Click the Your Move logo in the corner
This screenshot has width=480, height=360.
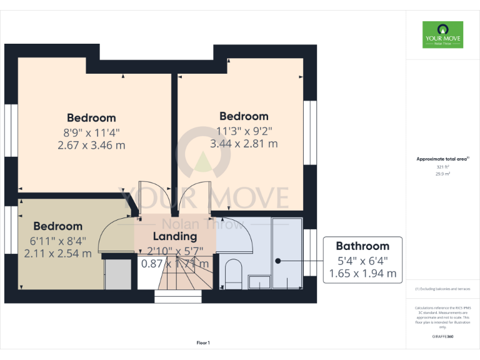tap(442, 35)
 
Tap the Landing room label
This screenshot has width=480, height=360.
tap(176, 236)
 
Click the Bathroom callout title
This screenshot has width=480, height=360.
tap(362, 246)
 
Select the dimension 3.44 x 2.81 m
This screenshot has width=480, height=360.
tap(244, 144)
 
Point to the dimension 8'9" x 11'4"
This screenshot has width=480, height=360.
tap(91, 132)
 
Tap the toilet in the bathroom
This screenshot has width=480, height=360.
tap(234, 272)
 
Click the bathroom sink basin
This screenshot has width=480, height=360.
tap(257, 282)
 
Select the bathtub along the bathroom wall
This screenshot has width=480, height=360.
tap(287, 253)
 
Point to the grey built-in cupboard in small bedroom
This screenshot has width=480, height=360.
tap(117, 274)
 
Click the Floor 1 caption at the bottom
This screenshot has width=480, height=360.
tap(203, 342)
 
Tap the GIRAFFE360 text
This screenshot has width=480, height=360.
tap(442, 337)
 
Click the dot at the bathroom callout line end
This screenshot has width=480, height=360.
tap(278, 260)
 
